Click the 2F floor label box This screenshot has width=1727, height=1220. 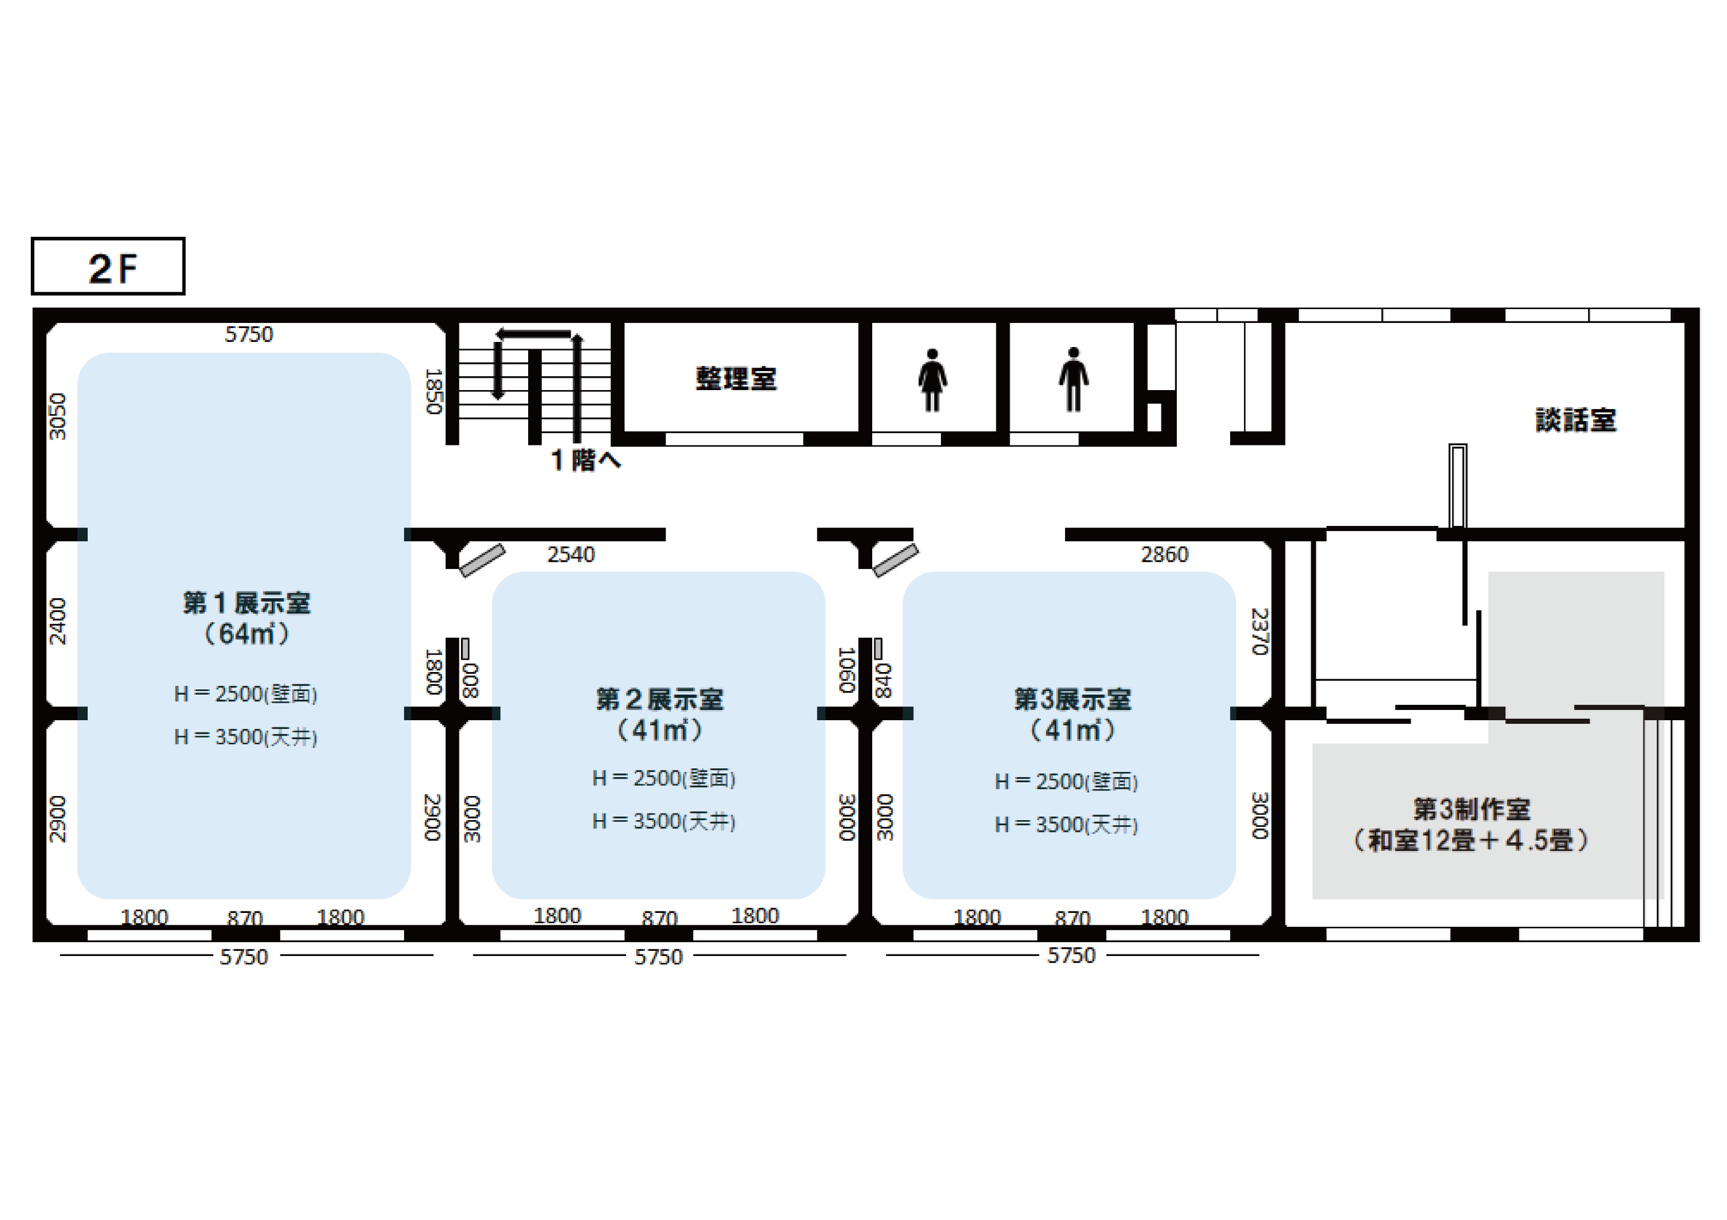pos(108,266)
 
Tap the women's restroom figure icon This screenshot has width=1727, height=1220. pos(932,380)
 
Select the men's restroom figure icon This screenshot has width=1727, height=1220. pos(1073,380)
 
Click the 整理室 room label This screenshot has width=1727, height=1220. pos(736,378)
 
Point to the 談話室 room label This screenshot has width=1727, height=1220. pos(1575,420)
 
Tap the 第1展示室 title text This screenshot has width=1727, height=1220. pos(247,602)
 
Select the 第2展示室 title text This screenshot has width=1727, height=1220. pos(659,699)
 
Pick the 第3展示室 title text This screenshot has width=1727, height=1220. pos(1073,699)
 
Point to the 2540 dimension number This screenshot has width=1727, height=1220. pos(571,554)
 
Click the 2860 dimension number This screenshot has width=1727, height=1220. pos(1164,554)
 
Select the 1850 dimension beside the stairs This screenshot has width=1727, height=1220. pos(434,391)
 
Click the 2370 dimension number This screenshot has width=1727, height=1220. pos(1260,632)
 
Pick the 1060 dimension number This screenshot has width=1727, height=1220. pos(847,669)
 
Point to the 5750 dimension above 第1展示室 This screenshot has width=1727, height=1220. pos(249,334)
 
